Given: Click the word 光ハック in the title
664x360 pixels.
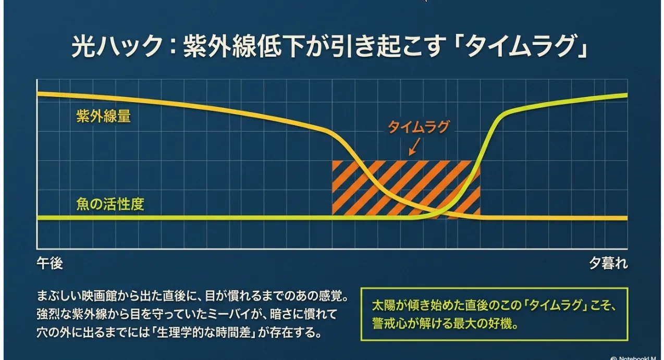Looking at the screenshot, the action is pos(117,46).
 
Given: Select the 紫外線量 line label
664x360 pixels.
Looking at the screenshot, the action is pos(103,116).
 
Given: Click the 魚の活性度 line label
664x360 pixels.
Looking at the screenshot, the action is pos(110,204).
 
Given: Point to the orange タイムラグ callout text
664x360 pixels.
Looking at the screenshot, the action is pos(419,127).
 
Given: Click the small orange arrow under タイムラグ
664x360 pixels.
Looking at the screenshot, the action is pos(414,147).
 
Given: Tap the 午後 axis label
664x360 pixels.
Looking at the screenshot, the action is pos(50,263).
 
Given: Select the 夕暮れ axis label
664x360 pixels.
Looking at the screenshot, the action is pos(608,263).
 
